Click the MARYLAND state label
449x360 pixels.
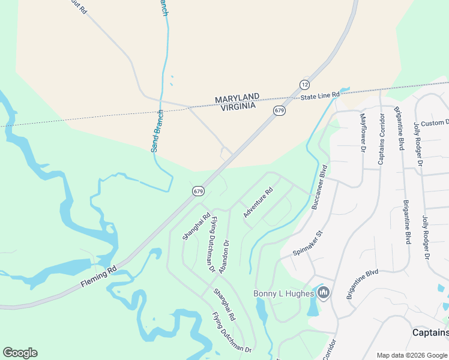[237, 97]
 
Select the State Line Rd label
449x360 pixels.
[321, 96]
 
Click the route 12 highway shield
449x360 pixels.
[305, 85]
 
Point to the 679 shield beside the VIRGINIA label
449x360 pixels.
[279, 110]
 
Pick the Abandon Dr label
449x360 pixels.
[224, 257]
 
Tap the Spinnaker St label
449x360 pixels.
[308, 241]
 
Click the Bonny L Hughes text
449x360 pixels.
[283, 293]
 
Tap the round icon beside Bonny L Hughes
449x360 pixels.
[324, 293]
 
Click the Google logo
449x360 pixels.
[20, 353]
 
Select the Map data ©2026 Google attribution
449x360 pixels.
[412, 355]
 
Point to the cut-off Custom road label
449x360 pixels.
[435, 123]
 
